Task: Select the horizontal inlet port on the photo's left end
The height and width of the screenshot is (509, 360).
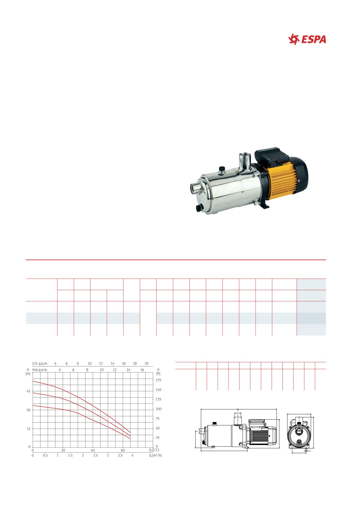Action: [x=196, y=188]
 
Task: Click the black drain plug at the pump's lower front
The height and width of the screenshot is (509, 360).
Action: [x=199, y=208]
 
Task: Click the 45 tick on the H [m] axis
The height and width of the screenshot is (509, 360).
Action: [x=29, y=391]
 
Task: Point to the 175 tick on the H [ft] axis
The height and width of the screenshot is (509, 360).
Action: [x=158, y=380]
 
